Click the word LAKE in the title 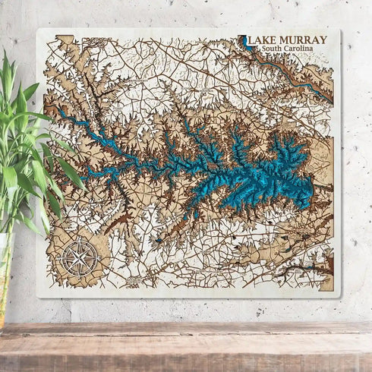point(263,40)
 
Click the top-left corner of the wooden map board point(38,30)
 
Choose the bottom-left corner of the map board point(38,297)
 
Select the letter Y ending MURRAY point(323,40)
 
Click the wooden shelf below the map point(186,342)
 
